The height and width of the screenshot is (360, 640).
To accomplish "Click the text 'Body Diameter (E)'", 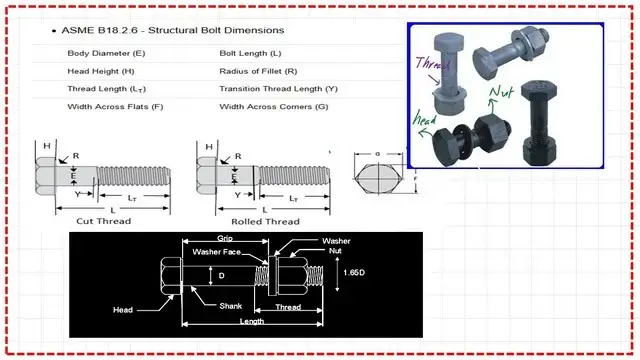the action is coord(106,53).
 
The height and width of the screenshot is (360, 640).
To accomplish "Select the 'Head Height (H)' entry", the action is coord(101,71).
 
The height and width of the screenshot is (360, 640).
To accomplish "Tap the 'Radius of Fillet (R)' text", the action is coord(258,71).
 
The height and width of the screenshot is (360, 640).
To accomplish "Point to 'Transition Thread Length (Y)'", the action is coord(278,89).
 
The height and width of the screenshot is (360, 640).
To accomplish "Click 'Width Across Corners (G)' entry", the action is coord(274,107).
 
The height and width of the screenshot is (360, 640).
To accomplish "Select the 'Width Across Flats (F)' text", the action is coord(115,107).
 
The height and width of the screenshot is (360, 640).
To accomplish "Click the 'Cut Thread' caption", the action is coord(104,221).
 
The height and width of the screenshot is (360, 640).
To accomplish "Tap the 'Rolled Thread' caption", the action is coord(265,222).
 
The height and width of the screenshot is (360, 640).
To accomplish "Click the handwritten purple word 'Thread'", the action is coord(433,64).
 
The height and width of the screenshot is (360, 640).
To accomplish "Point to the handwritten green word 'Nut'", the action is coord(501,91).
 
